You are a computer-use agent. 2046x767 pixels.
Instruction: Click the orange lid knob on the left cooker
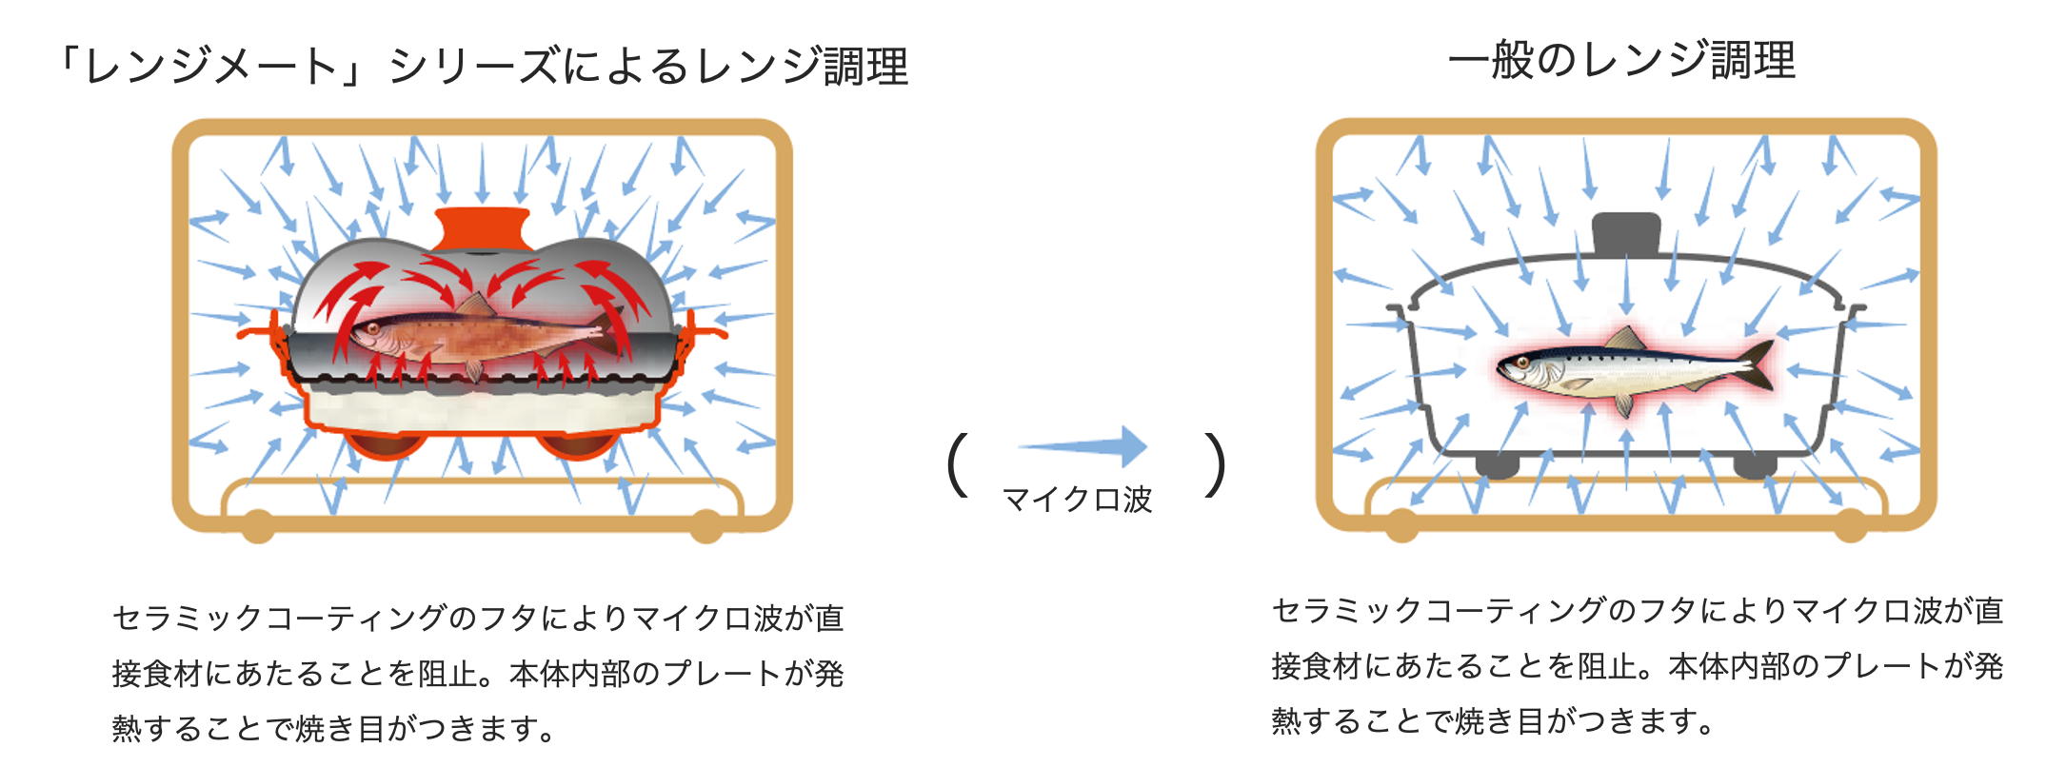tap(482, 229)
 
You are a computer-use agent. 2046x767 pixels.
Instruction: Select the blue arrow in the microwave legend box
tap(1083, 446)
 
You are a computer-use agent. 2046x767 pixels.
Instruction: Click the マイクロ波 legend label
tap(1077, 500)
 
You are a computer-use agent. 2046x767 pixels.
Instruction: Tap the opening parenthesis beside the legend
tap(958, 465)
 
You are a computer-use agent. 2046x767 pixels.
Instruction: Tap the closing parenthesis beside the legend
tap(1214, 465)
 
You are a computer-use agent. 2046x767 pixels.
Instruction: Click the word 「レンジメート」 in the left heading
tap(209, 67)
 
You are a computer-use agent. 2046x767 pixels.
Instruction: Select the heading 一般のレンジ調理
tap(1621, 60)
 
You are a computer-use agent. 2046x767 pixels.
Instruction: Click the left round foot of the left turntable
tap(257, 524)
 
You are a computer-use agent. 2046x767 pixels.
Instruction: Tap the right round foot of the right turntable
tap(1850, 524)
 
